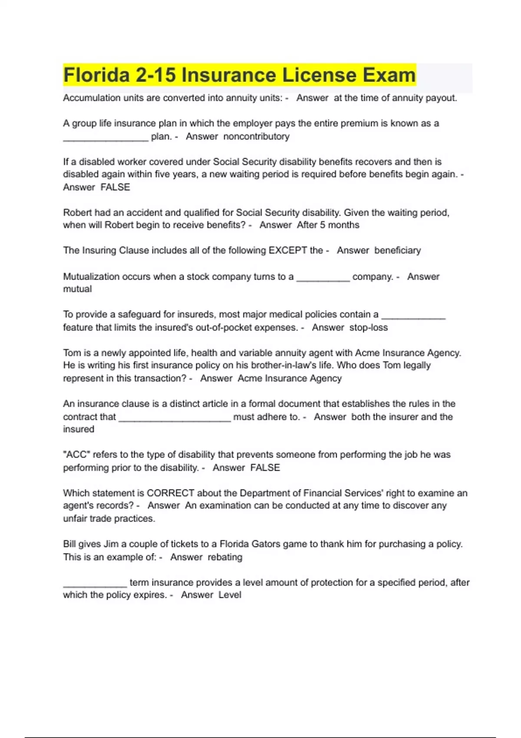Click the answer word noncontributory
coord(256,136)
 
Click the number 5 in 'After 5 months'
coord(322,225)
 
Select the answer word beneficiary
coord(397,250)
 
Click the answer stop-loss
coord(368,327)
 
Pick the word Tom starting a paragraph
coord(71,353)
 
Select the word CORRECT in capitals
coord(170,493)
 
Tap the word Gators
coord(257,544)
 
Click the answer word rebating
coord(224,557)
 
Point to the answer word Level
coord(230,595)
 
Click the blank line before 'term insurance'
coord(95,584)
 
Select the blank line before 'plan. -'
coord(106,138)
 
